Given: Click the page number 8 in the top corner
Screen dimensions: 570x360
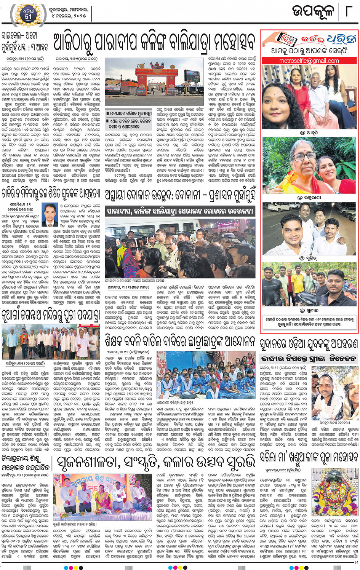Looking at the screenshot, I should pyautogui.click(x=348, y=11).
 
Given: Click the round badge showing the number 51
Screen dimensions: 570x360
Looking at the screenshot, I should pyautogui.click(x=28, y=14).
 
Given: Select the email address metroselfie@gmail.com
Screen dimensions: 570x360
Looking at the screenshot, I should pyautogui.click(x=309, y=61).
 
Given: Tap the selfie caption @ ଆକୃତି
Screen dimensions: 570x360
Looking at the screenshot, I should pyautogui.click(x=309, y=133).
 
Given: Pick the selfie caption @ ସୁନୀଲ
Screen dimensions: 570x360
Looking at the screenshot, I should pyautogui.click(x=309, y=310).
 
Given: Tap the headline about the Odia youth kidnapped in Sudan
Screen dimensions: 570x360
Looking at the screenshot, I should pyautogui.click(x=309, y=344).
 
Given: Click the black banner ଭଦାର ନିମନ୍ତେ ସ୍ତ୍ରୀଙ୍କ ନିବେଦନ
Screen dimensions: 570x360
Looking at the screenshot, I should pyautogui.click(x=309, y=359).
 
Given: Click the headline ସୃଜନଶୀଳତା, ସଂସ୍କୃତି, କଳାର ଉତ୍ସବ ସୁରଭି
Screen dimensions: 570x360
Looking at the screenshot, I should pyautogui.click(x=156, y=462).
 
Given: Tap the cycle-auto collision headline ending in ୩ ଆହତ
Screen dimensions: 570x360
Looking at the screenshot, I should pyautogui.click(x=25, y=42).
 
